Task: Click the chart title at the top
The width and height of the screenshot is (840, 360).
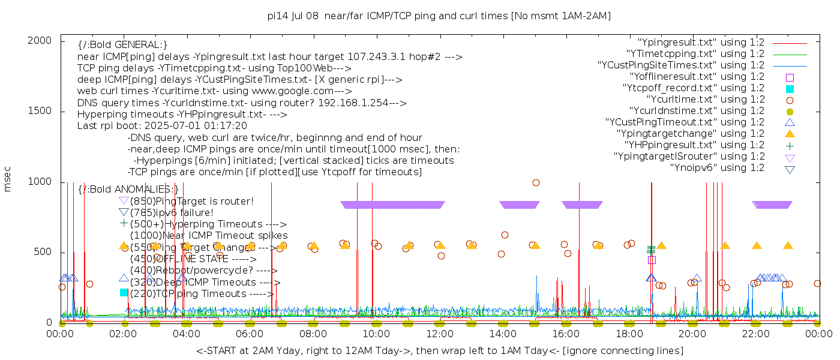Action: click(x=439, y=16)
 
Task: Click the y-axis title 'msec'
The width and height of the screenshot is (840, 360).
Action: click(x=8, y=179)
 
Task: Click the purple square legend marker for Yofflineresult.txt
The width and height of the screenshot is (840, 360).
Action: click(x=790, y=77)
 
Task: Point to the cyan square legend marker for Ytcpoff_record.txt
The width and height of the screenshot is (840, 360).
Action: click(x=790, y=88)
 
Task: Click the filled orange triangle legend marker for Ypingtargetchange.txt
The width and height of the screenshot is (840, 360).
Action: click(x=790, y=134)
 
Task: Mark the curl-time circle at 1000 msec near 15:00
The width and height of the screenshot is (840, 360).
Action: click(x=536, y=182)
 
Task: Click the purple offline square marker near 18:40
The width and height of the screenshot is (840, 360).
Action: click(x=652, y=260)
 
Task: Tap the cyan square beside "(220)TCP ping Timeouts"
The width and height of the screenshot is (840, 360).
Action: click(x=124, y=293)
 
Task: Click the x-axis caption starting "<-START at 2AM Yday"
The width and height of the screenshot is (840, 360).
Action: click(x=439, y=350)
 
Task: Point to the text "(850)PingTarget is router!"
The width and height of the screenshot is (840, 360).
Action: click(x=191, y=201)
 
